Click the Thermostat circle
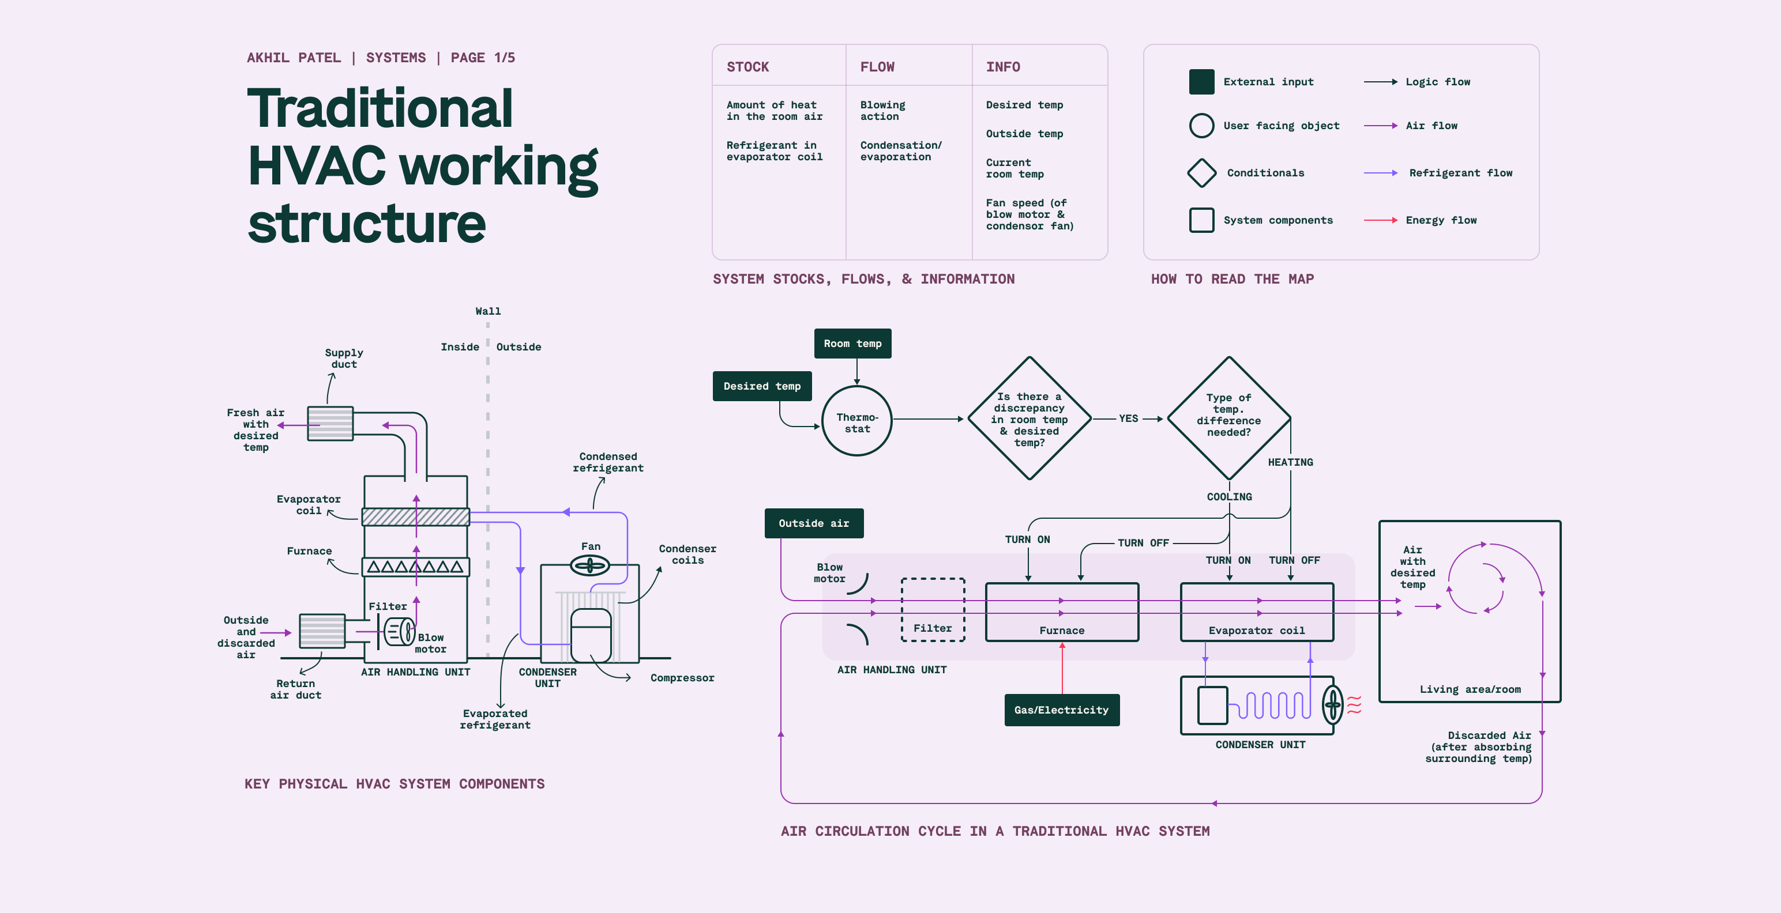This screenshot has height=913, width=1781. (856, 421)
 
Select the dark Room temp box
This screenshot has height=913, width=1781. (852, 344)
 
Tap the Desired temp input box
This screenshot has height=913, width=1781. (762, 386)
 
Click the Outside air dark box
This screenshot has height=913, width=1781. (814, 523)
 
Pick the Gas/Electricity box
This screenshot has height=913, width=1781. (1061, 710)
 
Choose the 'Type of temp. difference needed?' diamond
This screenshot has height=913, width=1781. (1228, 417)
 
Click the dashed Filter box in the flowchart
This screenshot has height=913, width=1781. (933, 610)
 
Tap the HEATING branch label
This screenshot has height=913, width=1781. (1290, 462)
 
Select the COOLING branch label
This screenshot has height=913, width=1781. (1229, 497)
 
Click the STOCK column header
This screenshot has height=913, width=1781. (747, 67)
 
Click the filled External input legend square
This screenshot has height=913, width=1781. (1201, 81)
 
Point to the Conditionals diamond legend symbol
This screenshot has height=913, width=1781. (1201, 173)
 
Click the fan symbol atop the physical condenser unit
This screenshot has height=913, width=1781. (590, 566)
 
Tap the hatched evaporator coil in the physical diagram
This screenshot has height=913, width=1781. (415, 517)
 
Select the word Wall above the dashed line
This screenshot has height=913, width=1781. (488, 312)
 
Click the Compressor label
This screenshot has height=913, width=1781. (682, 678)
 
